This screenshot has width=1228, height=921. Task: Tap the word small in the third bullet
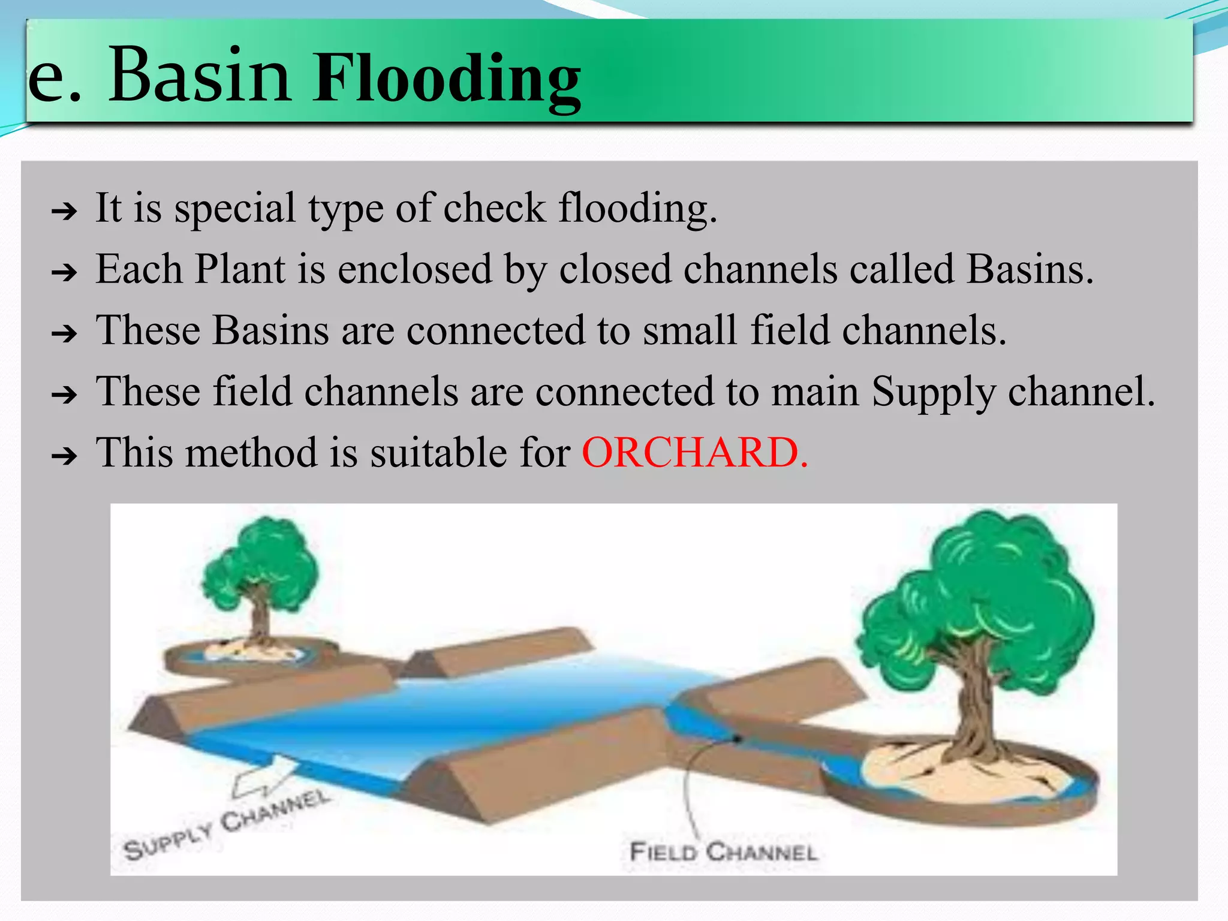click(690, 330)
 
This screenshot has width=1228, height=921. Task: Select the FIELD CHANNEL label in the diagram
click(723, 852)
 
